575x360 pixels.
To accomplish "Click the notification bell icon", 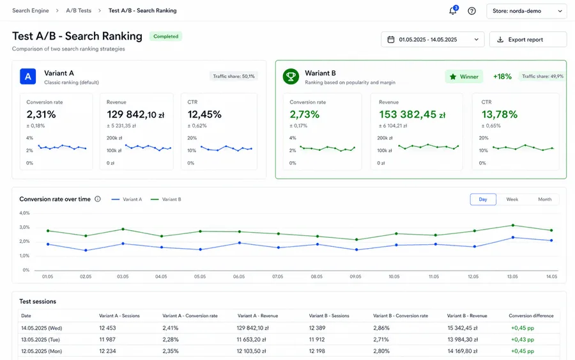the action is (x=453, y=11).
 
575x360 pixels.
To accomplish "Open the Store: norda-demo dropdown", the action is (x=526, y=11).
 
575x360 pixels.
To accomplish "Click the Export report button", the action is (x=528, y=40).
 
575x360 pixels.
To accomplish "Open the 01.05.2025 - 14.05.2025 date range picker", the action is (x=433, y=40).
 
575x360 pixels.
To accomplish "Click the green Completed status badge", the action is (x=165, y=36).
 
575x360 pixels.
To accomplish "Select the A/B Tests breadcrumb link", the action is (x=79, y=11).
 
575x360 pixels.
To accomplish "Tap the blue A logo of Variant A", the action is (x=28, y=77).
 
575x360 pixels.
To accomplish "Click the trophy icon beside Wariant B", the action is (x=291, y=77).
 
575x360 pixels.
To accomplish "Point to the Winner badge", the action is (x=464, y=77).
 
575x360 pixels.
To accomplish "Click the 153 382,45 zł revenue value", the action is (x=412, y=114).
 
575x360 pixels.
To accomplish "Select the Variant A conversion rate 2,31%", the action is (x=41, y=114).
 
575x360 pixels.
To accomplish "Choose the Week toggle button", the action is (x=512, y=200).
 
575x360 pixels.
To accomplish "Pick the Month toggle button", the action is (x=544, y=200).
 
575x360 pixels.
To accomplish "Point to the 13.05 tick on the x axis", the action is (x=512, y=277).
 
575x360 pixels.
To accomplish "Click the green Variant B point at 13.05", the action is (x=512, y=225).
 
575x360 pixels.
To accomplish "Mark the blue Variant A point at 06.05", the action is (x=240, y=243).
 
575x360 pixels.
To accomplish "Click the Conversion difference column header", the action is (x=531, y=316).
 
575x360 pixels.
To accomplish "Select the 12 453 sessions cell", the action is (x=107, y=328).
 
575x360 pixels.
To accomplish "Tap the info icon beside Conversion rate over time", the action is (x=98, y=199).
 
